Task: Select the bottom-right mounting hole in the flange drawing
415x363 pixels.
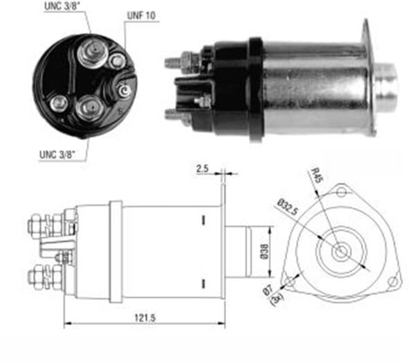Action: click(x=392, y=281)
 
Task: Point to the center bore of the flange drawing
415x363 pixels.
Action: click(x=341, y=251)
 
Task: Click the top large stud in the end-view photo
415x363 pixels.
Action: click(x=91, y=54)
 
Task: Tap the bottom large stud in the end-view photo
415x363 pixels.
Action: click(x=87, y=107)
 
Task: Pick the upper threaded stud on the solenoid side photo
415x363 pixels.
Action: click(x=175, y=62)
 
